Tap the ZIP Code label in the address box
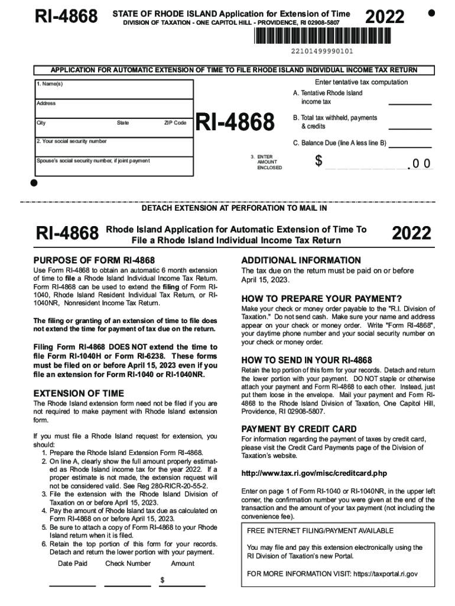point(175,123)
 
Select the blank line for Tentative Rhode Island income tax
point(409,104)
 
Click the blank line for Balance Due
point(409,147)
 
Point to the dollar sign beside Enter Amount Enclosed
point(318,161)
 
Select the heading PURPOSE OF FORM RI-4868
point(94,260)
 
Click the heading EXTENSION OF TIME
point(79,393)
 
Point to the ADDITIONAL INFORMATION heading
point(301,260)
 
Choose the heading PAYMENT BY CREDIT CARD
point(299,429)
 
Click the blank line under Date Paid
point(72,585)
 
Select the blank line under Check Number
point(128,585)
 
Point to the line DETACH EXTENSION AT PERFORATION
point(234,208)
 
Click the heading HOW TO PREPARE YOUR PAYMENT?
point(321,298)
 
